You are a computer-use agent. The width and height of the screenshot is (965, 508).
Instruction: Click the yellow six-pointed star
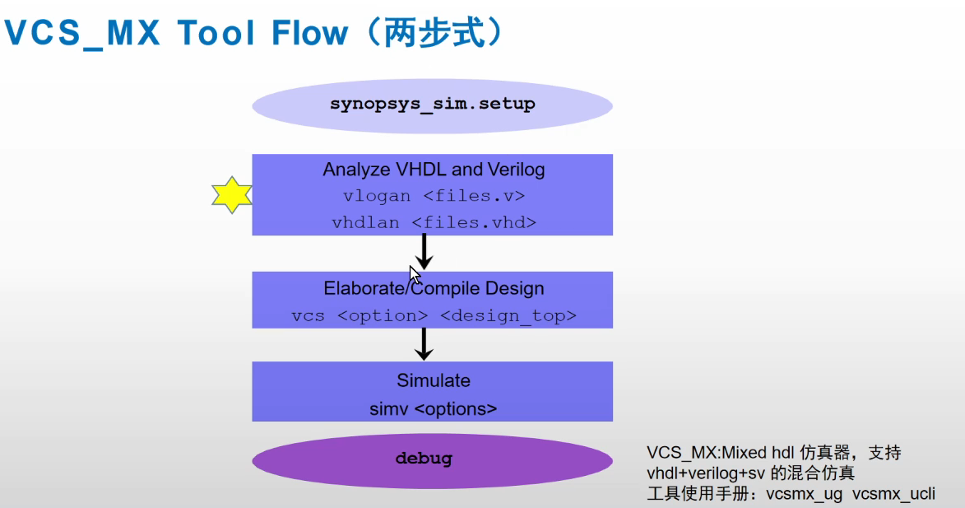[231, 195]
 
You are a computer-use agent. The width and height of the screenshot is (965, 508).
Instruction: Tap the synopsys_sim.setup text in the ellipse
[433, 104]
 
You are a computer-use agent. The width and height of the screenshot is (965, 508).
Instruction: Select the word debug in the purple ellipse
[424, 459]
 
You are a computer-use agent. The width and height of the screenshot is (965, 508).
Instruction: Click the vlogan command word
[377, 196]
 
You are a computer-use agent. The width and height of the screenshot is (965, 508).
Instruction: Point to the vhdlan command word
[365, 222]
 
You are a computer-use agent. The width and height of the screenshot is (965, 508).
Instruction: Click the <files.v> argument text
[474, 196]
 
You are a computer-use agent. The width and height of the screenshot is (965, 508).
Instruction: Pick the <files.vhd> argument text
[474, 222]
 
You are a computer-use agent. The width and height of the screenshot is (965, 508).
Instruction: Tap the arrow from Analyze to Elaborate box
[424, 252]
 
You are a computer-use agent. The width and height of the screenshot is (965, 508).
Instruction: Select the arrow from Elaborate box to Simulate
[424, 344]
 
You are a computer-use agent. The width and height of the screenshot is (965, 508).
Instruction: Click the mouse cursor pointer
[415, 275]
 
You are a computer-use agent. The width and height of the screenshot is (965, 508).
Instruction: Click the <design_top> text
[508, 316]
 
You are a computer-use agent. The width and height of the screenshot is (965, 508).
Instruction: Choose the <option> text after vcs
[383, 316]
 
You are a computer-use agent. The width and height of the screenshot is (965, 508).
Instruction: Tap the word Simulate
[434, 380]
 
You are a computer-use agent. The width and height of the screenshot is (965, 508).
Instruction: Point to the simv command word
[389, 409]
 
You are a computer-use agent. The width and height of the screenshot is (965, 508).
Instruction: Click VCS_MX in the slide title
[81, 33]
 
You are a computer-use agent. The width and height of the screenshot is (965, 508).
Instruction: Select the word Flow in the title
[309, 33]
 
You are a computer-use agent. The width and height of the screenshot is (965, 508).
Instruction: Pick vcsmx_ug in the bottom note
[804, 494]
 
